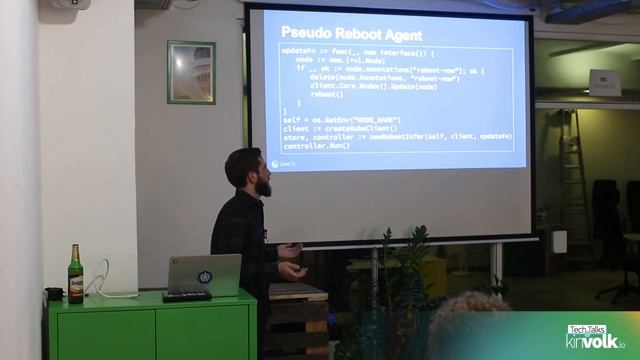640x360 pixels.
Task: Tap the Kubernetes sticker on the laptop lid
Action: pyautogui.click(x=205, y=277)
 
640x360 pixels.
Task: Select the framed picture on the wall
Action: pyautogui.click(x=191, y=72)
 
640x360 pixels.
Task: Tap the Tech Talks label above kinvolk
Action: pyautogui.click(x=587, y=329)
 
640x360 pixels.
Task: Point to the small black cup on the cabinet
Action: pyautogui.click(x=54, y=294)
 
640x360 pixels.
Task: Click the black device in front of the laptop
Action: pyautogui.click(x=187, y=296)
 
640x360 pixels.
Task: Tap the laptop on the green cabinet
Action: pyautogui.click(x=204, y=275)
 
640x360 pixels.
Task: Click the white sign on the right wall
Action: pyautogui.click(x=604, y=82)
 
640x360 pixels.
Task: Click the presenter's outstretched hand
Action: pyautogui.click(x=293, y=269)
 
